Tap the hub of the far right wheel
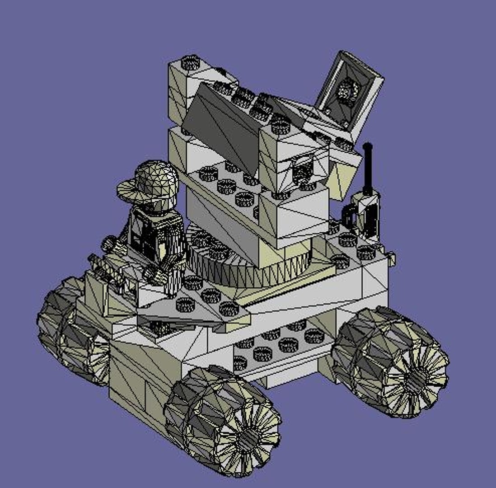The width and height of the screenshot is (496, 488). [x=413, y=375]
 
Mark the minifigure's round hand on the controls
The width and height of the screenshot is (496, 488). [x=109, y=244]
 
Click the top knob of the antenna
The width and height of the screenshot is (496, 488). [x=367, y=147]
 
